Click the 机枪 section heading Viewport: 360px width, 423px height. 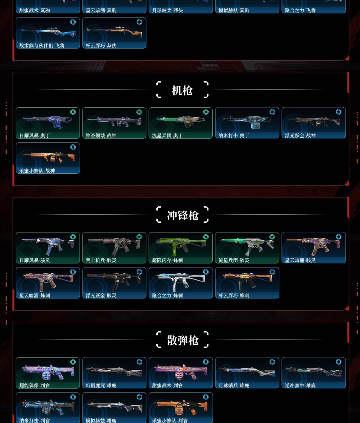point(182,90)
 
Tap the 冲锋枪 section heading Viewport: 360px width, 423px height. point(182,215)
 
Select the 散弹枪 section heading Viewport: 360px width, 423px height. point(182,340)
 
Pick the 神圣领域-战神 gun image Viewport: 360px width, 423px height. point(114,121)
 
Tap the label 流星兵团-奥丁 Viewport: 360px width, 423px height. point(167,136)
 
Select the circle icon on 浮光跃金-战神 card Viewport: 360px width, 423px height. point(339,112)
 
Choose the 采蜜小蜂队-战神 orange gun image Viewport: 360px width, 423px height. point(48,157)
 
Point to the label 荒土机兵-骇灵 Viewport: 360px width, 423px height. point(101,260)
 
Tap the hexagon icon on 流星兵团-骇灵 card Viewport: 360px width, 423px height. point(272,237)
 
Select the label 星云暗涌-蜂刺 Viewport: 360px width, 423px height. point(35,295)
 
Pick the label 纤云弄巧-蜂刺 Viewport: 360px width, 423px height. point(234,295)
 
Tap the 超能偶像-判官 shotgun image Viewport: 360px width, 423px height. point(48,372)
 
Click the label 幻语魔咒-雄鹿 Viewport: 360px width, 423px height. point(101,386)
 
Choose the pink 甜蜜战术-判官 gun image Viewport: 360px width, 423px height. point(180,371)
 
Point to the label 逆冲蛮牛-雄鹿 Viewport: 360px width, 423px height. point(300,386)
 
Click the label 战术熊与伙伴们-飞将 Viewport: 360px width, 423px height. point(42,46)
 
